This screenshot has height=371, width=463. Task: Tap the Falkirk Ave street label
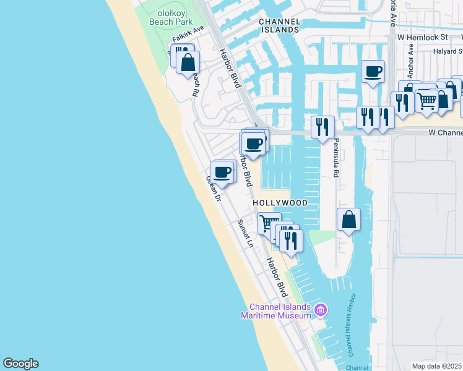pos(189,34)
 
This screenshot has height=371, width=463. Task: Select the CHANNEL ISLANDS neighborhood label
pos(279,25)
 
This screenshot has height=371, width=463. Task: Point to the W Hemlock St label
pos(423,38)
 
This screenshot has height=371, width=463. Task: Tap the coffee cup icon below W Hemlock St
pos(373,72)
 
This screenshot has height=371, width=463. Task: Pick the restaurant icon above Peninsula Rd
pos(322,127)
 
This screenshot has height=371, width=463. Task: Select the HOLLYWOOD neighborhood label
pos(280,203)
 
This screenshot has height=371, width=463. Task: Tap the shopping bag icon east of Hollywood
pos(349,220)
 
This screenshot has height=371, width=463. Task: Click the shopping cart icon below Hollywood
pos(269,223)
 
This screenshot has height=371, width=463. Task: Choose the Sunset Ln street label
pos(246,233)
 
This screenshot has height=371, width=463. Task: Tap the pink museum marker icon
pos(320,310)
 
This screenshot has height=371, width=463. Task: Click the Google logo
pos(20,364)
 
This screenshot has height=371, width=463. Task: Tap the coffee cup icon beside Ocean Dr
pos(222,172)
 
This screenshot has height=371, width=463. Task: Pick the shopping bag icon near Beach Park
pos(188,62)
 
